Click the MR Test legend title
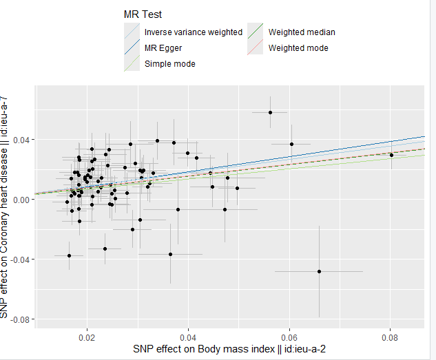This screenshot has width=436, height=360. (143, 14)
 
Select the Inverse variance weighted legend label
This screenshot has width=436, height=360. (193, 32)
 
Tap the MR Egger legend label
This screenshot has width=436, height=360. (163, 48)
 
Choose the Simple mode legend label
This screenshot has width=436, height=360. (169, 64)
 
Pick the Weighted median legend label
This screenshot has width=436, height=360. (302, 32)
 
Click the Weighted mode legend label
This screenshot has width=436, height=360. (298, 48)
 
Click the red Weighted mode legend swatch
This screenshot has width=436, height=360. (256, 48)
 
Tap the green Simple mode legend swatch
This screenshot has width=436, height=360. (132, 64)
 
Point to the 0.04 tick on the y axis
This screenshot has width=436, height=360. (21, 140)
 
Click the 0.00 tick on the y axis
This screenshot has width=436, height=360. (21, 200)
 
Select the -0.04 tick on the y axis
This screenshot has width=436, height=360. (20, 260)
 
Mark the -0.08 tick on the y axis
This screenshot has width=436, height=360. (20, 319)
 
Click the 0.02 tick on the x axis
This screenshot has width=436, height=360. (87, 338)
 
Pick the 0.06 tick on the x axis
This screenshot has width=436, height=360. (289, 338)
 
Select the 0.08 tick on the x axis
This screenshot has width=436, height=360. (391, 338)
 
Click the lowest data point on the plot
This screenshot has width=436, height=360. (320, 271)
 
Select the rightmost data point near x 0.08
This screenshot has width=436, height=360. (391, 155)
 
